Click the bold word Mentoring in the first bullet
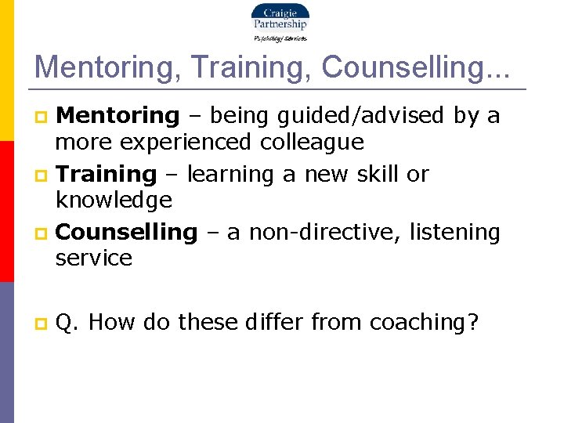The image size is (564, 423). pyautogui.click(x=118, y=116)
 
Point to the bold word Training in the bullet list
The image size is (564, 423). pyautogui.click(x=107, y=174)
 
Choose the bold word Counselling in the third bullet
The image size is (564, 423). pyautogui.click(x=127, y=233)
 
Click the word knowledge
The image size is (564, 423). pyautogui.click(x=114, y=201)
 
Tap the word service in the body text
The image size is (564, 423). pyautogui.click(x=94, y=258)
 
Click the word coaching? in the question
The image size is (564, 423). pyautogui.click(x=424, y=322)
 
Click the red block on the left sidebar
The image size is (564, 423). pyautogui.click(x=6, y=211)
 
